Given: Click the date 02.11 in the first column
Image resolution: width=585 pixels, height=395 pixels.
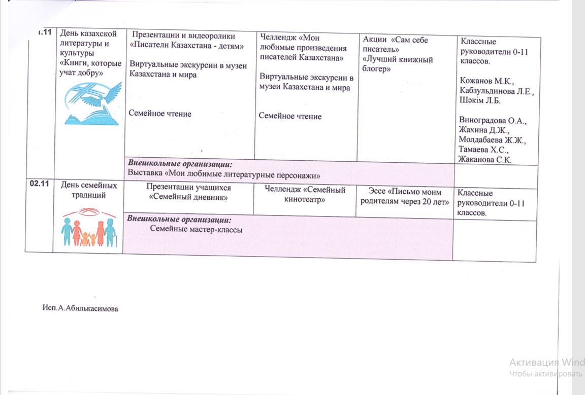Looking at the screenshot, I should (38, 185).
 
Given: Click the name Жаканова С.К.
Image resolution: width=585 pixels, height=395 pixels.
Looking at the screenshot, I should (484, 160).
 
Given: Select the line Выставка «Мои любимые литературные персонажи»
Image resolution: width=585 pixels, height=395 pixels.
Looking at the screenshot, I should (223, 175).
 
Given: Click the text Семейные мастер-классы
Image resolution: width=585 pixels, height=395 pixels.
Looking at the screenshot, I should (196, 229).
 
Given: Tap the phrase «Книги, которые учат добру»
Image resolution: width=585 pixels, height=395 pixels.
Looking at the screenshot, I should (90, 68).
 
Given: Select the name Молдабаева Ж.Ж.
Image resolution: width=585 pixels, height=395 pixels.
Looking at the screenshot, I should (491, 140).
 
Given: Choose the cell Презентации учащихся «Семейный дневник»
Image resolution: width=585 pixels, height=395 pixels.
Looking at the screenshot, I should (188, 192).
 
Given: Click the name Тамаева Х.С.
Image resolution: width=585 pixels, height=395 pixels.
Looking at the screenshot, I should (483, 150).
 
